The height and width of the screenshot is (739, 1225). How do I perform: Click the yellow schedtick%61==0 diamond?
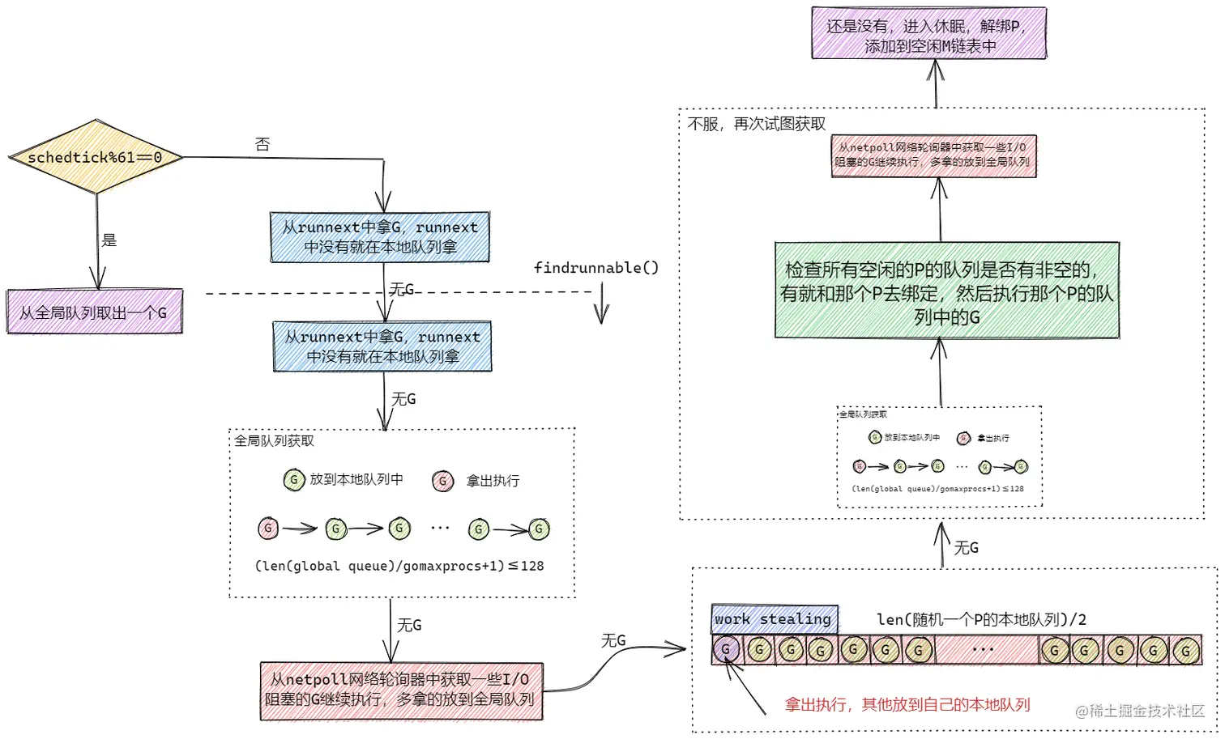[96, 157]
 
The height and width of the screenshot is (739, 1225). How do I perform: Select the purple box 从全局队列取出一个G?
[94, 312]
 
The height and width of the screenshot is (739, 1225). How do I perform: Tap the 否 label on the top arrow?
[262, 144]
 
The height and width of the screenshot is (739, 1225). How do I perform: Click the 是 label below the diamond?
[109, 240]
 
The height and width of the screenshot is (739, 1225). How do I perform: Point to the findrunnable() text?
[596, 268]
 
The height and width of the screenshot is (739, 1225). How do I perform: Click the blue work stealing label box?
[774, 619]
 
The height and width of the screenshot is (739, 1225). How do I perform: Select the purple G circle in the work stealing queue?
[726, 649]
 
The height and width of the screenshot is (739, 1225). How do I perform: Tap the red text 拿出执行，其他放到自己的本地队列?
[907, 705]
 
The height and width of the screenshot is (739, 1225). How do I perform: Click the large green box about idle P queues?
[946, 291]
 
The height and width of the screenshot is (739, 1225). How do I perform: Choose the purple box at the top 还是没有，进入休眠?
[928, 35]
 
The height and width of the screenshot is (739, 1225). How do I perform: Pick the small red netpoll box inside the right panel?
[933, 155]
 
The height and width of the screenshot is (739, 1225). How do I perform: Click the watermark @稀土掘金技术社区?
[1140, 711]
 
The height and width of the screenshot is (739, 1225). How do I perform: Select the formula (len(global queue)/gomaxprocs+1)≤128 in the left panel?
[399, 566]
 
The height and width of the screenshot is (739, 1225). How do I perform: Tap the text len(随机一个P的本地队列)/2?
[981, 619]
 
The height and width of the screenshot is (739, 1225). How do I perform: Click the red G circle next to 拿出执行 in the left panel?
[442, 482]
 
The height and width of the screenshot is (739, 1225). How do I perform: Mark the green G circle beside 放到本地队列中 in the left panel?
[293, 480]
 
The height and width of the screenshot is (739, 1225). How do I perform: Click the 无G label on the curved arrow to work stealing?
[613, 640]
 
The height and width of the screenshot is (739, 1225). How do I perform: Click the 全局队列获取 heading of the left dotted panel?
[274, 441]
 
